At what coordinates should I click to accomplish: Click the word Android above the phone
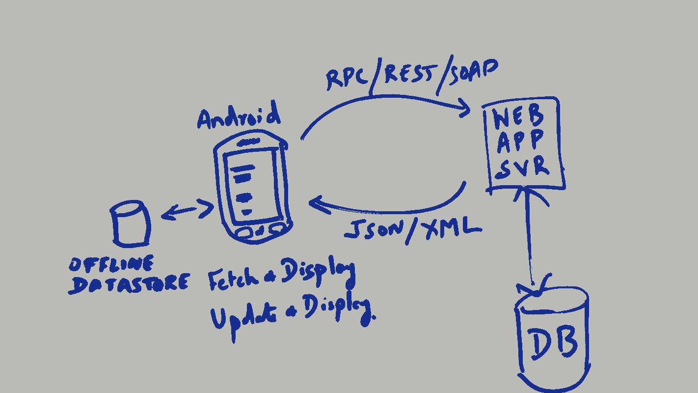pyautogui.click(x=239, y=117)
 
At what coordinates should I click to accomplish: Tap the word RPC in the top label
pyautogui.click(x=347, y=79)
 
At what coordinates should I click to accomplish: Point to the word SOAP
pyautogui.click(x=472, y=72)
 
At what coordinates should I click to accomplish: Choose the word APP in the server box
pyautogui.click(x=520, y=141)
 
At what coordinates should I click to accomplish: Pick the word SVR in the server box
pyautogui.click(x=522, y=167)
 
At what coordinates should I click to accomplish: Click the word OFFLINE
pyautogui.click(x=111, y=265)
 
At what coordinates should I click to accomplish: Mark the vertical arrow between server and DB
pyautogui.click(x=529, y=236)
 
